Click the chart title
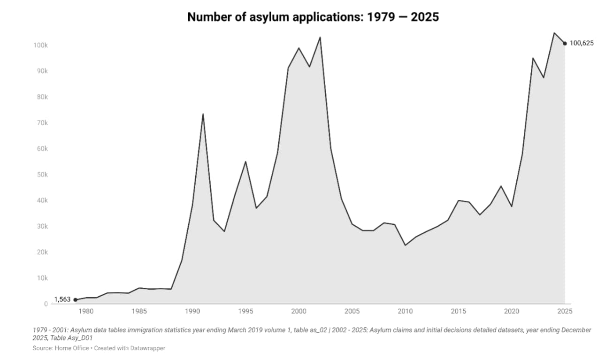click(313, 17)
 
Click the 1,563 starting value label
click(62, 299)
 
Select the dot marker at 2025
click(565, 44)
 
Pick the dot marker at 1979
click(75, 300)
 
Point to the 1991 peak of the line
click(203, 114)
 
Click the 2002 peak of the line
click(320, 37)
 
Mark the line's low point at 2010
click(405, 245)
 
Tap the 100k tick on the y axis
click(40, 45)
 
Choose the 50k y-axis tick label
click(41, 175)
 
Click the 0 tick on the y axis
click(46, 304)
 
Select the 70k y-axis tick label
click(41, 123)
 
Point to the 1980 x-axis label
click(86, 311)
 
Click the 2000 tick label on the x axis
click(299, 311)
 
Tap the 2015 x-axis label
click(458, 311)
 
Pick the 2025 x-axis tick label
click(565, 311)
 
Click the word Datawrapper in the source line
click(149, 348)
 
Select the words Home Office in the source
click(71, 348)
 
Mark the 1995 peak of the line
click(245, 161)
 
